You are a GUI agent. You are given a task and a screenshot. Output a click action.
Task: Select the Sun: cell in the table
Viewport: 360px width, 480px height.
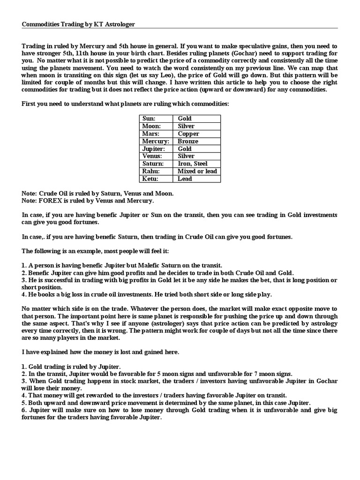tap(157, 119)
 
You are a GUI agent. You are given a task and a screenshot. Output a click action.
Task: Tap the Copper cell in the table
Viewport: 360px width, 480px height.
tap(196, 134)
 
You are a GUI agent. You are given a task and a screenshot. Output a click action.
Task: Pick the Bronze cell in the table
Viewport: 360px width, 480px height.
tap(196, 141)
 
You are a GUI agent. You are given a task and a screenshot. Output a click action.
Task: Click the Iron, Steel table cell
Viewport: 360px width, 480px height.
tap(196, 164)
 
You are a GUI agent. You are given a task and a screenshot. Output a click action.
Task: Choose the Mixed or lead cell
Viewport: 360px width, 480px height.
tap(196, 171)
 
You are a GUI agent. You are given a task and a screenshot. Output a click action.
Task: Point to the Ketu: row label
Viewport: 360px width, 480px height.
tap(157, 179)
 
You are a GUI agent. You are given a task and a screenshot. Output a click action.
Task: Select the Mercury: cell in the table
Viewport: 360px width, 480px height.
tap(157, 141)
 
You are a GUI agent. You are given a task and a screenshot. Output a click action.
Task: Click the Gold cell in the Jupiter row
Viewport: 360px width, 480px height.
tap(196, 149)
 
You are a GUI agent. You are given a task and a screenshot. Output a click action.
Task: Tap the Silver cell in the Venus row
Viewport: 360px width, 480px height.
tap(196, 156)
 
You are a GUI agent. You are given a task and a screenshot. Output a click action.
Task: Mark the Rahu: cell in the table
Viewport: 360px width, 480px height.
tap(157, 171)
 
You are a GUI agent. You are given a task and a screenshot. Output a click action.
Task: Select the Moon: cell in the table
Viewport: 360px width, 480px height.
tap(157, 126)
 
